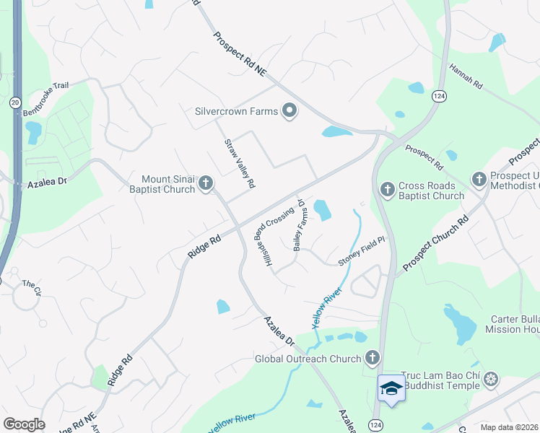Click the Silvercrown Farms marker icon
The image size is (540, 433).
[x=289, y=111]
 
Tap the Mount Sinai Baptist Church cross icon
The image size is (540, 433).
[x=205, y=183]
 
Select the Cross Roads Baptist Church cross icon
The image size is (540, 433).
[x=387, y=189]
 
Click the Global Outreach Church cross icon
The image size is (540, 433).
[x=373, y=358]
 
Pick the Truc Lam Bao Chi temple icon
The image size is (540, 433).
[x=491, y=379]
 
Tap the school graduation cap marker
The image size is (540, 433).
[x=391, y=388]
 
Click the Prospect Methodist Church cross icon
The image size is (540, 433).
[x=479, y=178]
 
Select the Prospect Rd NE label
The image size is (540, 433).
[x=240, y=58]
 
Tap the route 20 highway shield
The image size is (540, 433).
[x=15, y=103]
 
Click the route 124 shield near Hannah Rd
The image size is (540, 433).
[x=438, y=95]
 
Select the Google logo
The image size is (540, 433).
[x=24, y=424]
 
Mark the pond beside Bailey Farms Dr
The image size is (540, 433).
[x=322, y=211]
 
